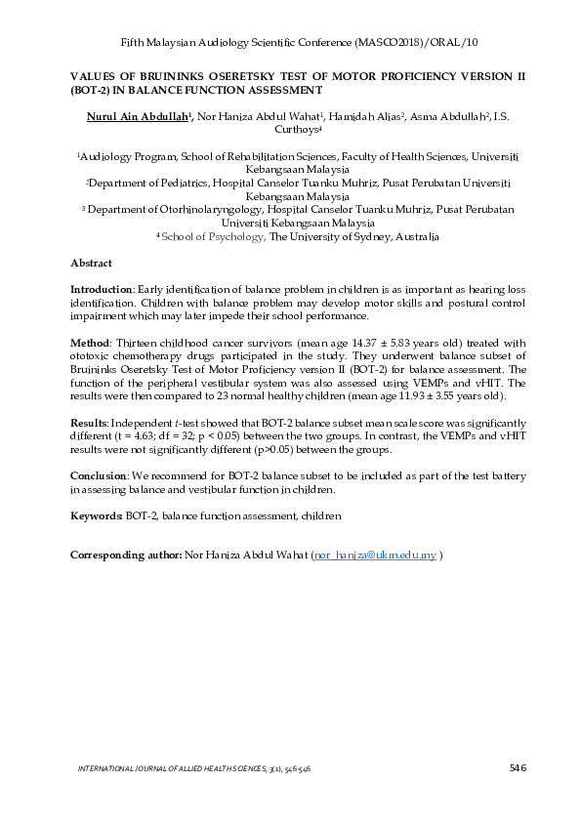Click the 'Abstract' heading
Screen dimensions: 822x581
[91, 264]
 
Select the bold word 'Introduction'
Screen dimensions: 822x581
[101, 290]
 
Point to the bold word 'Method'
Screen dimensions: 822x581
[89, 343]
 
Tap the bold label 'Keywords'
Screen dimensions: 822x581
[96, 514]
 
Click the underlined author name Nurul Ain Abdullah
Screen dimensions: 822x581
[131, 116]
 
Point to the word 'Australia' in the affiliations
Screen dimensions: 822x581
[412, 236]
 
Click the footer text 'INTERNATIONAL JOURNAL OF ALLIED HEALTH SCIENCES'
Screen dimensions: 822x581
[176, 770]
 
